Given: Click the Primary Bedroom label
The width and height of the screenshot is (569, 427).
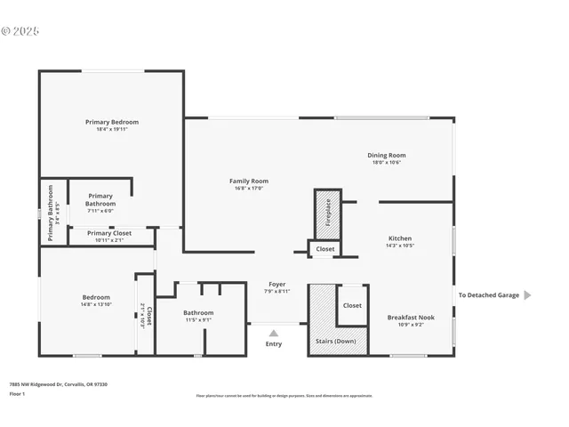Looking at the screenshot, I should pos(112,122).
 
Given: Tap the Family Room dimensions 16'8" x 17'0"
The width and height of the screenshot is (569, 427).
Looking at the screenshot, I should pos(249,188).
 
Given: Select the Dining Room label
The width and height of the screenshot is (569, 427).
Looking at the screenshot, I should pos(386,156).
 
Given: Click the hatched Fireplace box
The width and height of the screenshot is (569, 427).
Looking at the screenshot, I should pos(327,213).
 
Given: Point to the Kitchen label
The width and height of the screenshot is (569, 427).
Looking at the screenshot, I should pos(399,238).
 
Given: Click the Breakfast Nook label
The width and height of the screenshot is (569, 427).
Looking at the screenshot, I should pos(411,318).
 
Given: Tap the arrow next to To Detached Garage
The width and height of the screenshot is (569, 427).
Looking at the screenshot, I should pos(527,295).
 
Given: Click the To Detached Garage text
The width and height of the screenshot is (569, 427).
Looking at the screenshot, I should pos(488,295).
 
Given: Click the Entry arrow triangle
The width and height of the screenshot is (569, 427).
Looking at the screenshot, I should pos(274,334).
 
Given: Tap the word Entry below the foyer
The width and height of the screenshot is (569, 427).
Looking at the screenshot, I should pos(274,344).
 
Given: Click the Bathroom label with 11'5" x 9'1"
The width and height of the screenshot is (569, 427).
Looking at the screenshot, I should pos(198,313).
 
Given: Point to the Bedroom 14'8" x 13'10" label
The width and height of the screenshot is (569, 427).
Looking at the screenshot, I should pos(96,297).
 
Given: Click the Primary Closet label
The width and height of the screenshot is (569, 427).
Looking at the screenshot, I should pos(109,233).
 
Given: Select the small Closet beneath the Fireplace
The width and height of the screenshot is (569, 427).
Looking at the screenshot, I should pos(325,249).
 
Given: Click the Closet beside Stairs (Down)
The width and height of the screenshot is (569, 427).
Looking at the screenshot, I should pos(352,305).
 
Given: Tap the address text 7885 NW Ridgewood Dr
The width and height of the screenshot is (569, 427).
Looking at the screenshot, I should pos(59,384).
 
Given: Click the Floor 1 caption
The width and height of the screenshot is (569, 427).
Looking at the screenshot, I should pos(18,393).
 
